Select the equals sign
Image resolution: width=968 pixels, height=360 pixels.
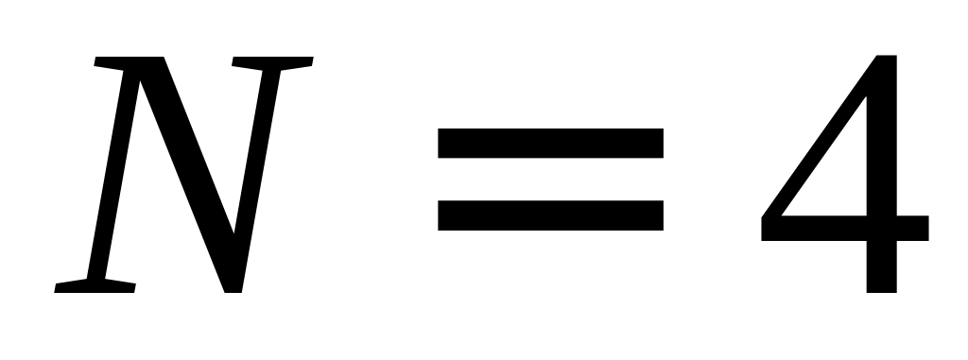(551, 180)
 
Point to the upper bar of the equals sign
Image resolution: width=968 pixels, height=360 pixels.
(551, 143)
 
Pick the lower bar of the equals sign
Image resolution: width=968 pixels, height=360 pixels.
(551, 215)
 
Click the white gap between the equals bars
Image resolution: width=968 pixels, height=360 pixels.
(551, 180)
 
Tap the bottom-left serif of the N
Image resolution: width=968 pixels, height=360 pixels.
(95, 286)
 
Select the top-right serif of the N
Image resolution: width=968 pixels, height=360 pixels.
(272, 61)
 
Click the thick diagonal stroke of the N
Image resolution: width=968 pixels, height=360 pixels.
(188, 176)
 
